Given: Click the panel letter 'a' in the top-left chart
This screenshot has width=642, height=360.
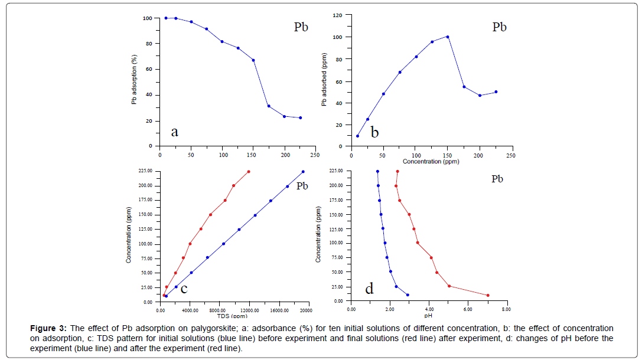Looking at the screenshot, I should pos(174,132).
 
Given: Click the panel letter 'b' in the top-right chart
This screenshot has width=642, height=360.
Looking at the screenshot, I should pos(374,132).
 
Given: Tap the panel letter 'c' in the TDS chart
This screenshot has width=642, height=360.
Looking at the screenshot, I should pos(184,289).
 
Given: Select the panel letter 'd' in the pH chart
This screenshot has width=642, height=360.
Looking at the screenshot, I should pos(369,289).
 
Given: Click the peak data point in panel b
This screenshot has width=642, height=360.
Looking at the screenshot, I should pos(448,37).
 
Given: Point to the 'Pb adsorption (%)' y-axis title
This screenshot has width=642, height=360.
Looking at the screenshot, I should pos(135,80).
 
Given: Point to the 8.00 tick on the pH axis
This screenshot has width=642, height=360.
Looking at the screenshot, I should pos(506,309).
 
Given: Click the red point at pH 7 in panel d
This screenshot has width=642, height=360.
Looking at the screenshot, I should pos(488,295).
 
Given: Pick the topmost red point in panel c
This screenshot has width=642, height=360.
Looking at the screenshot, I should pos(249,172).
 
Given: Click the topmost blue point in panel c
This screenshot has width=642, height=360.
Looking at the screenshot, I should pos(303,172).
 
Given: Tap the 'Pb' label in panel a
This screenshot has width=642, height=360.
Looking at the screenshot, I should pos(301,27).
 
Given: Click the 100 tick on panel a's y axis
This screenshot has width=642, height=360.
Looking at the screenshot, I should pos(148,18).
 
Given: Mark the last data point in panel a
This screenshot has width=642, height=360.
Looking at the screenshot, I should pos(301,117).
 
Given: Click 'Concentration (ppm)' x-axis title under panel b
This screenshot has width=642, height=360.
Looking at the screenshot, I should pos(431,162).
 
